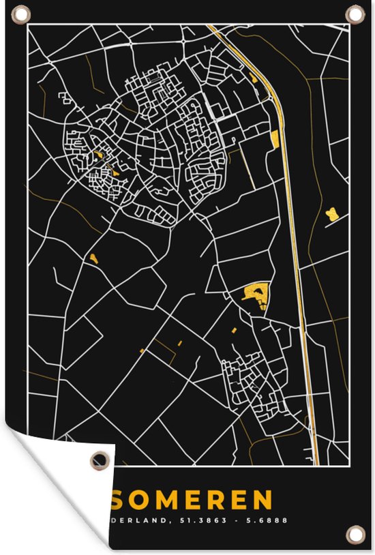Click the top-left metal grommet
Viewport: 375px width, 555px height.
[21, 13]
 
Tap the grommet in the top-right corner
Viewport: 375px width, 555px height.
[355, 13]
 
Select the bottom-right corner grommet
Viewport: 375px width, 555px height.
[354, 534]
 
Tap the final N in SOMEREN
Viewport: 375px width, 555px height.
[263, 500]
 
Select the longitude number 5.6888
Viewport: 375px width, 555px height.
[271, 520]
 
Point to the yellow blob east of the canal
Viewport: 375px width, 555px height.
[332, 214]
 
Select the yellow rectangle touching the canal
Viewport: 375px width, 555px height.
[275, 138]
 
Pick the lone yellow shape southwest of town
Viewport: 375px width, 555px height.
[93, 258]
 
